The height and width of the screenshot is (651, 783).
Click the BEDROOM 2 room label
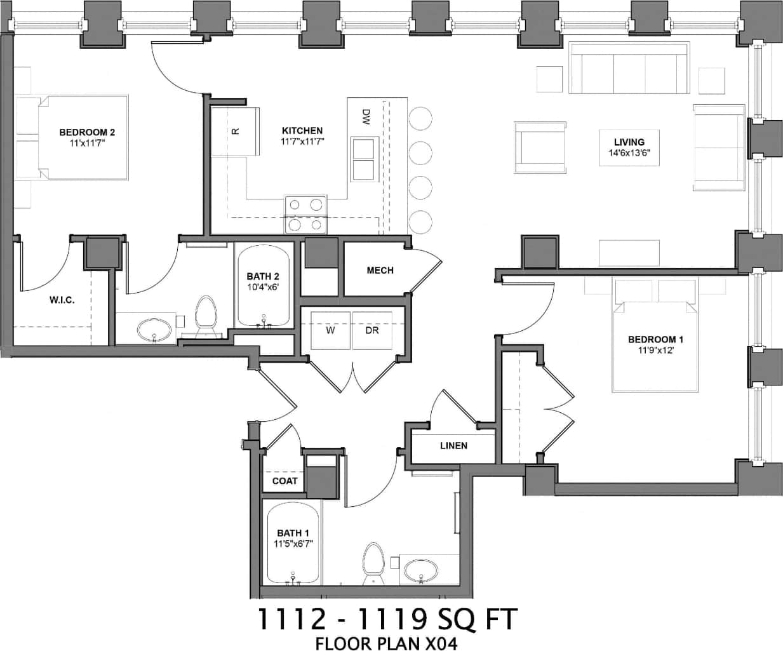click(x=87, y=132)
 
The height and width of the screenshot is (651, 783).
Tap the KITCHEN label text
click(x=302, y=131)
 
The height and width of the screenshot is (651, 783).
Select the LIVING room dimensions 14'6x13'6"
click(x=629, y=152)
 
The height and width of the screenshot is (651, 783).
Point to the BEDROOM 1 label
click(x=656, y=339)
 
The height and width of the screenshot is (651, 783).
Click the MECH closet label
click(x=380, y=271)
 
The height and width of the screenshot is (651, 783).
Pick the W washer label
click(x=330, y=330)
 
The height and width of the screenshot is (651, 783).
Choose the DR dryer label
click(x=372, y=330)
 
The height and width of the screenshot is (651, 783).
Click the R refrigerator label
click(x=235, y=131)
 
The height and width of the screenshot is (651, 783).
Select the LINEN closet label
click(x=453, y=446)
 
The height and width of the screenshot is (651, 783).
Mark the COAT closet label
click(x=284, y=481)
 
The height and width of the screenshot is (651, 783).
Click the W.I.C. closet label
click(x=62, y=300)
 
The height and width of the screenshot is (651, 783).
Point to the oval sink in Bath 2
click(x=154, y=330)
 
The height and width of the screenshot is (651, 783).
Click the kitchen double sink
click(x=364, y=159)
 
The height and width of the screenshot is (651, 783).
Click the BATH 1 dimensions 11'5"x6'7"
click(x=293, y=544)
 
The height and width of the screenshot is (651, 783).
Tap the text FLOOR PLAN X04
click(x=386, y=643)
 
